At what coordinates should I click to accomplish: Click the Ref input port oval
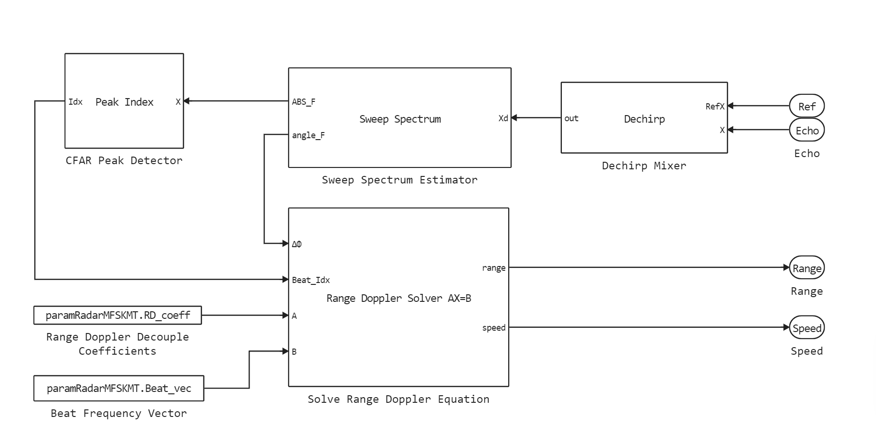pos(806,106)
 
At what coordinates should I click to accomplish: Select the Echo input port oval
pos(806,131)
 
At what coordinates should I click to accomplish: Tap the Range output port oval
pos(806,268)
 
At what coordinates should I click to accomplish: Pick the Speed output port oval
pos(806,328)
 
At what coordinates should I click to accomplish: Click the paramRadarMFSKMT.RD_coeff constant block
pos(118,315)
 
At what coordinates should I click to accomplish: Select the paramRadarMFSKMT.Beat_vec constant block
pos(119,388)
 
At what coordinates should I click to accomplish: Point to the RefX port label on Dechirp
pos(714,107)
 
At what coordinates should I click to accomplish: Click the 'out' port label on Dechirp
pos(571,118)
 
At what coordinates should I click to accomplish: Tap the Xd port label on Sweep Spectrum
pos(503,118)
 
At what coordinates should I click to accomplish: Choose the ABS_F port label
pos(304,102)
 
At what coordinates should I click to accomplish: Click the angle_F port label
pos(308,135)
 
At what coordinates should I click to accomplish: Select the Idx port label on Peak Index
pos(75,102)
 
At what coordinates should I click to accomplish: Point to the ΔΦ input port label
pos(297,244)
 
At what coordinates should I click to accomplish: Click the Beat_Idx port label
pos(311,280)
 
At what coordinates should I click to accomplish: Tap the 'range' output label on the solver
pos(494,268)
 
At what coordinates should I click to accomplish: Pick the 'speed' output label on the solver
pos(494,328)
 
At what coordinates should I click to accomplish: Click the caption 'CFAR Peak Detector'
pos(124,160)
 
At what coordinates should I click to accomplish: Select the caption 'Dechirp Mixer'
pos(644,166)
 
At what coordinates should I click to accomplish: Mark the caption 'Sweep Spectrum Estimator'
pos(399,180)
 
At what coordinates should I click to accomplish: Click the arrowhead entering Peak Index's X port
pos(187,101)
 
